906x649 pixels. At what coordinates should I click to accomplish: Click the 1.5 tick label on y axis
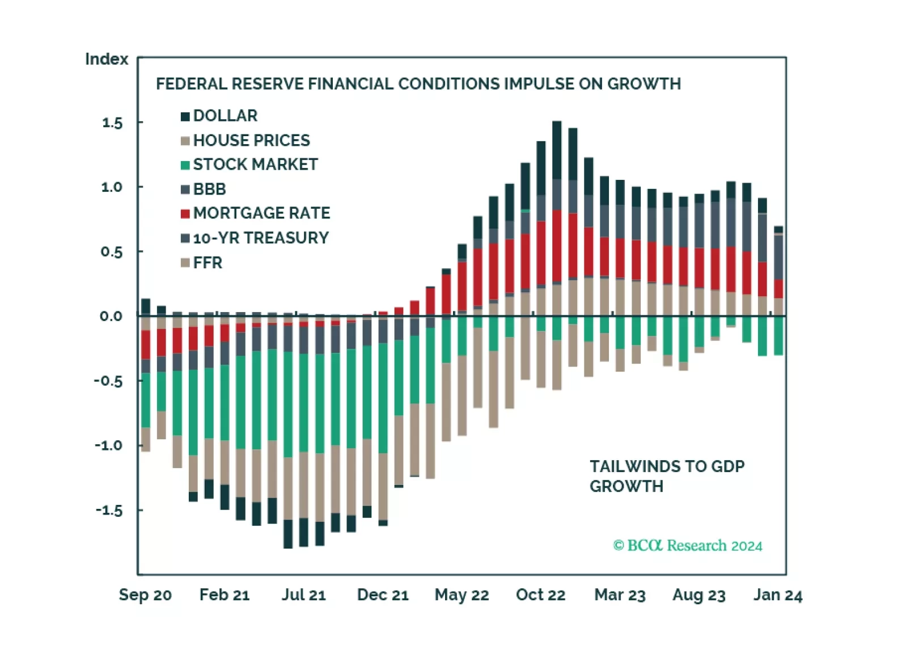(112, 123)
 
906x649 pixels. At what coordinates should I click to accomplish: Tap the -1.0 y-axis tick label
(108, 445)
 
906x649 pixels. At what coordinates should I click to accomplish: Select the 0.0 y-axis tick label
(111, 316)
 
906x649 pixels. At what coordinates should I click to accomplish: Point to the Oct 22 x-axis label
(540, 595)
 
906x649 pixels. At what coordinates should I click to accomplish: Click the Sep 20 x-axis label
(145, 595)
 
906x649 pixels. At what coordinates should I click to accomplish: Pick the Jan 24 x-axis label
(777, 595)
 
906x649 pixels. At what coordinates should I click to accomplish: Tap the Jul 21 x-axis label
(303, 595)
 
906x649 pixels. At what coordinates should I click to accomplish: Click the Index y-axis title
(107, 59)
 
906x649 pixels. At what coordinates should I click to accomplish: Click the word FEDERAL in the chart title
(191, 84)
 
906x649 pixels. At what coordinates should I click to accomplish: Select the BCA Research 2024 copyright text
(687, 546)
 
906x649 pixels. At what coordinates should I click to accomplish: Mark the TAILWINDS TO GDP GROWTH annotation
(667, 476)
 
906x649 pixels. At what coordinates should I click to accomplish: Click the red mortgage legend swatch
(185, 214)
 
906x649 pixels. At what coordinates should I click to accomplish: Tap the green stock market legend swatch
(185, 165)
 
